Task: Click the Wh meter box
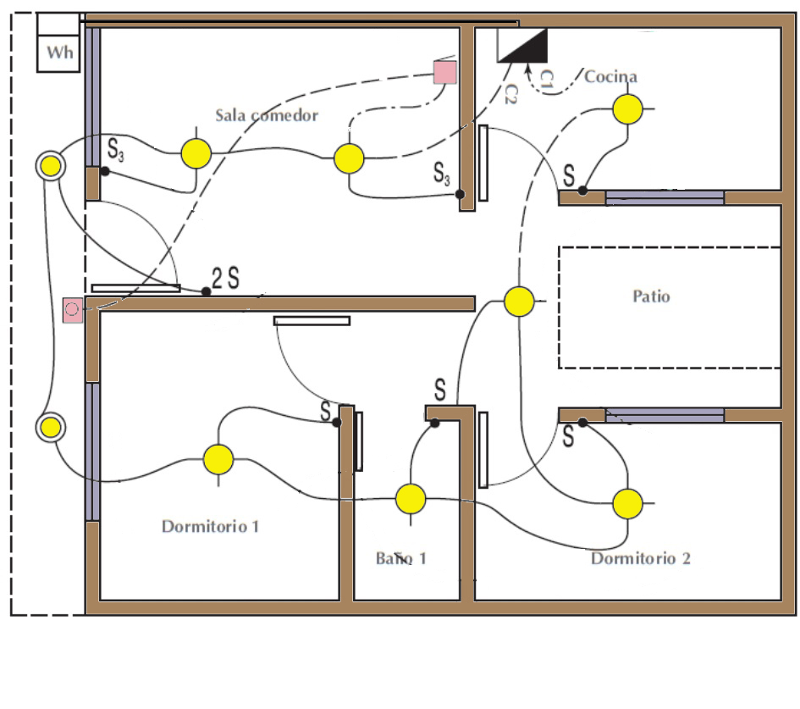[x=59, y=53]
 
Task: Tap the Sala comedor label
[x=266, y=115]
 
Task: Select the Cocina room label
[x=610, y=77]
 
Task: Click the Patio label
[x=651, y=296]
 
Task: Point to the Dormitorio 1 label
[x=210, y=526]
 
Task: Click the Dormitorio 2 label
[x=640, y=558]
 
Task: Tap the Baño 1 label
[x=401, y=558]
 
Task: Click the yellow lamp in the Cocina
[x=627, y=108]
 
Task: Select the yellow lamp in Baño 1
[x=411, y=499]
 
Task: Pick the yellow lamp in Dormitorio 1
[x=218, y=459]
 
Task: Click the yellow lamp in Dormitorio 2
[x=627, y=503]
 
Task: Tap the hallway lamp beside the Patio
[x=519, y=301]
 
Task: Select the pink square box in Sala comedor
[x=444, y=71]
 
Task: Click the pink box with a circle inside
[x=73, y=309]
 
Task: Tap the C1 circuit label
[x=547, y=80]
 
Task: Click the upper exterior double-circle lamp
[x=51, y=167]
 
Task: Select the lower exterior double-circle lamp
[x=51, y=427]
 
